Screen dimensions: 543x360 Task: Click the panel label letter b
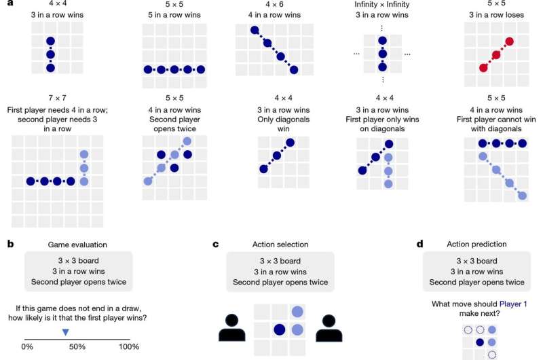click(11, 244)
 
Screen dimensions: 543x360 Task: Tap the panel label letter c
click(216, 245)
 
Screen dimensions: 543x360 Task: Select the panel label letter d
click(420, 244)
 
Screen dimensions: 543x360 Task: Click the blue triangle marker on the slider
click(65, 332)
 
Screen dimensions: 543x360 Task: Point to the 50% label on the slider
click(77, 346)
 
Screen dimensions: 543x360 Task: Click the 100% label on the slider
click(129, 346)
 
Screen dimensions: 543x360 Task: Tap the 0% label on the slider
click(27, 346)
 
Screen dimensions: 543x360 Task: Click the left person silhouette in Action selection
click(232, 328)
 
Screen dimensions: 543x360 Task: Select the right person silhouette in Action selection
click(329, 328)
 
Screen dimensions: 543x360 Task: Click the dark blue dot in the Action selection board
click(280, 329)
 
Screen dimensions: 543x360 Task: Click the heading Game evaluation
click(77, 245)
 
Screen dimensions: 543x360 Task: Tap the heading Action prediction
click(476, 244)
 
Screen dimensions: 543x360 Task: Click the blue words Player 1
click(513, 304)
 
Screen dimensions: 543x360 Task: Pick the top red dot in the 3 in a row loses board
click(509, 41)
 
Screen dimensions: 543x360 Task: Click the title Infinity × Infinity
click(381, 4)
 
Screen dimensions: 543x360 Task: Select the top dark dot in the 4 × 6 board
click(255, 30)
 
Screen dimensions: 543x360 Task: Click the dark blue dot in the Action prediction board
click(480, 342)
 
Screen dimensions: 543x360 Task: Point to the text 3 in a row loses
click(496, 15)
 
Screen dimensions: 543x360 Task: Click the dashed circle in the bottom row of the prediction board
click(491, 355)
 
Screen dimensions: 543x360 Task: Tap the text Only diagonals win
click(283, 124)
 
